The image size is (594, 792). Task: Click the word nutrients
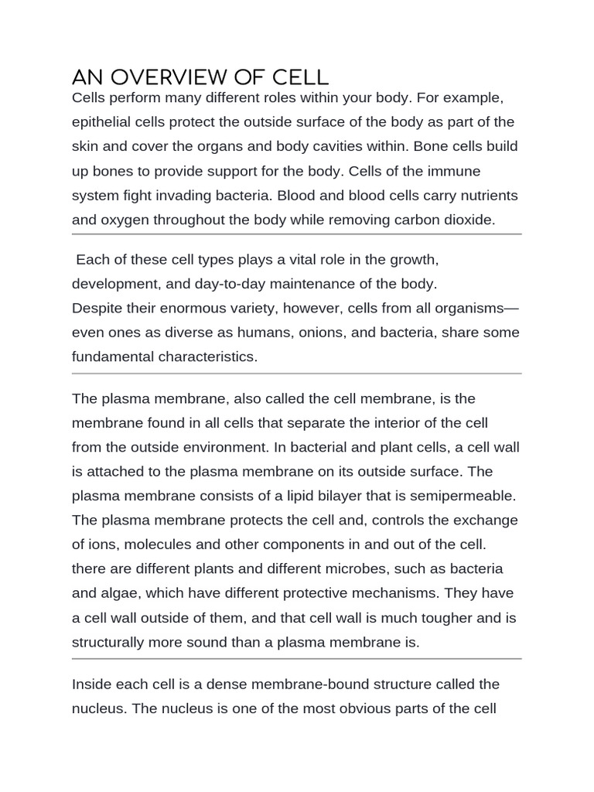coord(480,195)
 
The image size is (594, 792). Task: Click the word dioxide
coord(466,219)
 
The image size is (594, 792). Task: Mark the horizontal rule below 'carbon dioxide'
coord(296,234)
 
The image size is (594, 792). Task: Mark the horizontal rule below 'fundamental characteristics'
coord(296,374)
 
